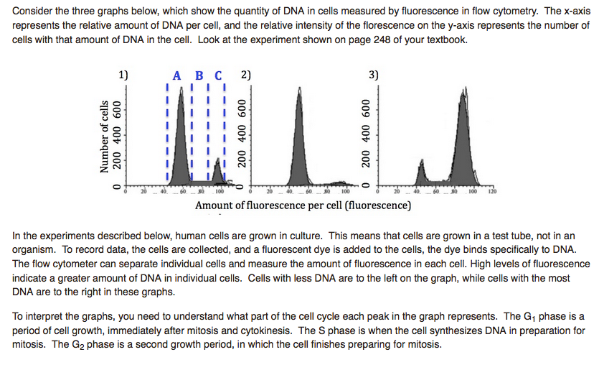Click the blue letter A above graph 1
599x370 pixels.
[177, 75]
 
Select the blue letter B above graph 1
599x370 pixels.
[199, 75]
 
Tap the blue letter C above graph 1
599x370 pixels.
[218, 75]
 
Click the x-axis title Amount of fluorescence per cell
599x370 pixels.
[303, 205]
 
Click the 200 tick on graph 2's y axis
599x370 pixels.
[242, 159]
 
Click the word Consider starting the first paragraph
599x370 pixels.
[33, 11]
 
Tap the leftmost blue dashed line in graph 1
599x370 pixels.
[166, 133]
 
